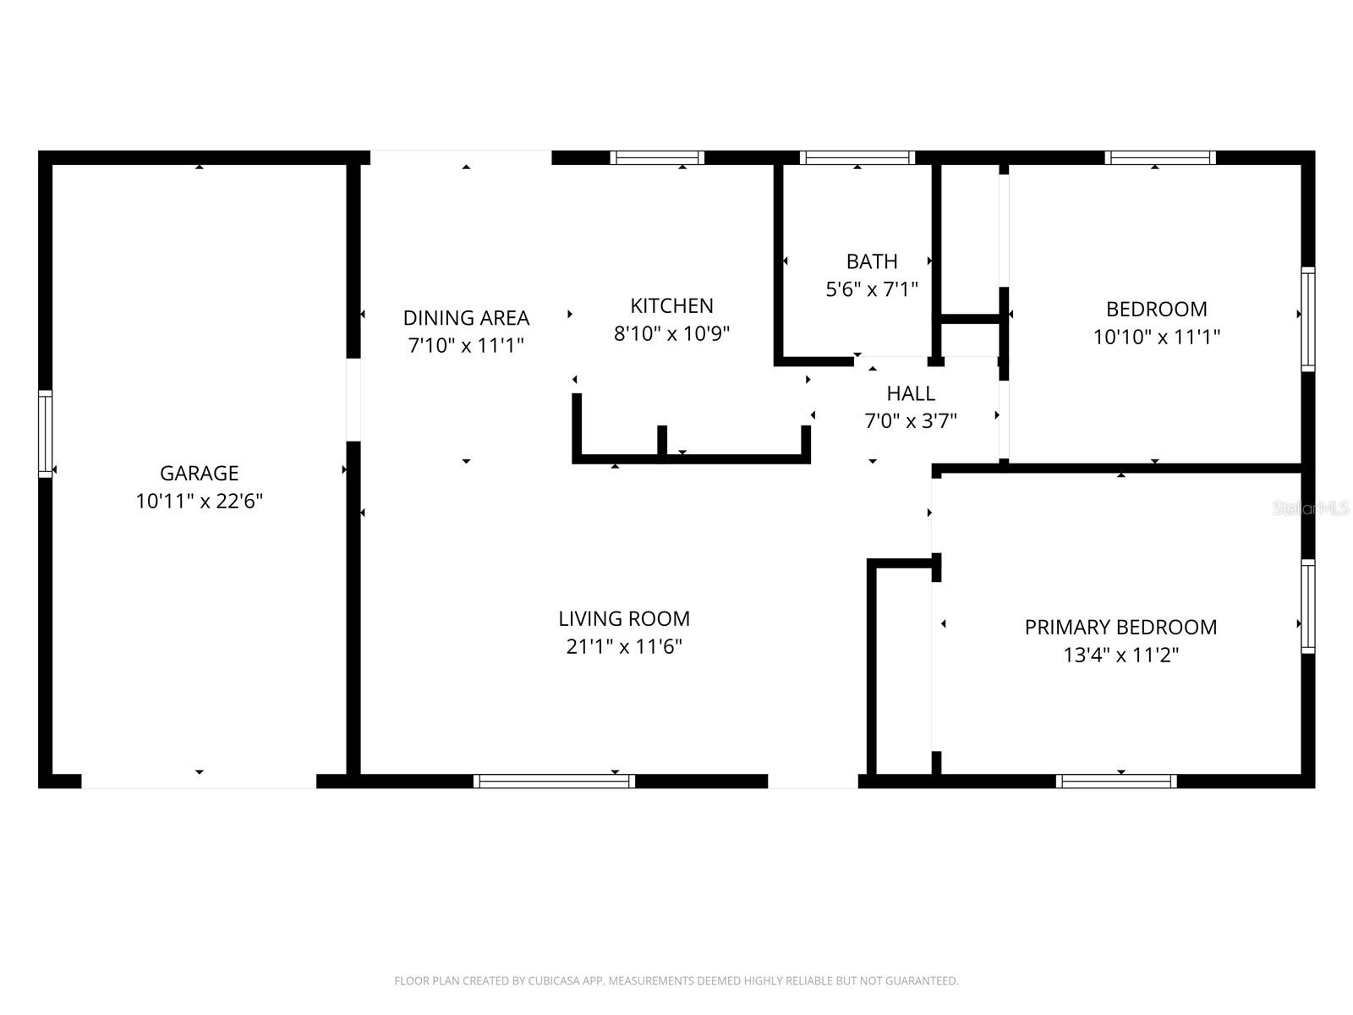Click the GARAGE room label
point(199,473)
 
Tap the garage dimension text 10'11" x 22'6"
point(199,501)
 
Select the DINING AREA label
point(466,317)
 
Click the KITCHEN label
point(671,305)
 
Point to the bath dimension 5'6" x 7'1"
point(872,289)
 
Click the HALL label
point(911,393)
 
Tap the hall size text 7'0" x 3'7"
point(911,420)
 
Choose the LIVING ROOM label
point(624,618)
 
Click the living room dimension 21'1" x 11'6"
point(624,646)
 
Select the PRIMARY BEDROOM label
point(1120,627)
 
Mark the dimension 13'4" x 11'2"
point(1120,655)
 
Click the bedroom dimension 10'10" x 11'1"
point(1156,337)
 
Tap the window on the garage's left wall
point(45,433)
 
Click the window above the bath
point(857,157)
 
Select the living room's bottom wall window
point(554,782)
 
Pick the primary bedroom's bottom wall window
point(1116,782)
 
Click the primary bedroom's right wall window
point(1308,606)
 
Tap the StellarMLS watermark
point(1311,508)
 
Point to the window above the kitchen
point(657,157)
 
